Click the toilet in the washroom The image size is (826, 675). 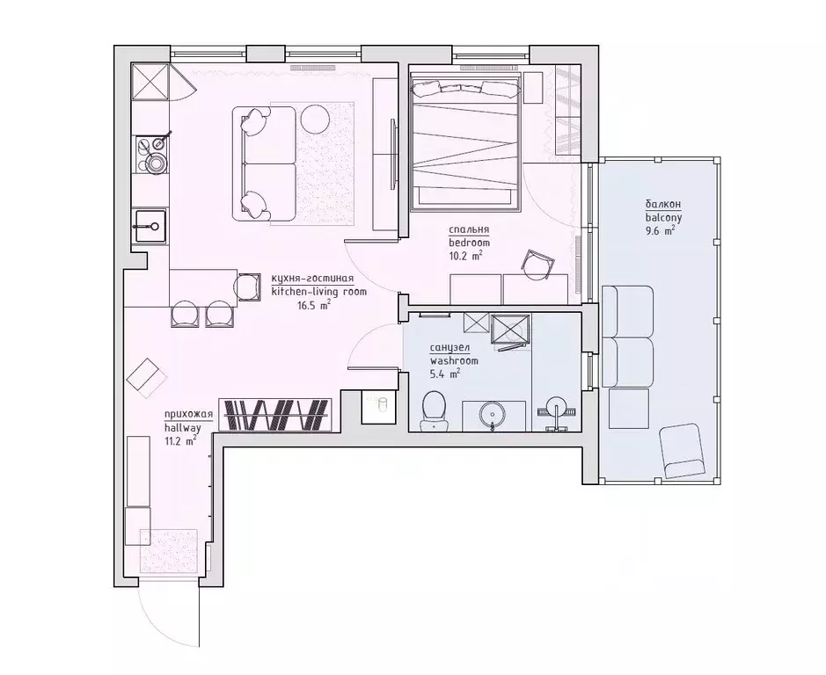coord(433,409)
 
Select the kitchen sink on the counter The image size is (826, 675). coord(150,225)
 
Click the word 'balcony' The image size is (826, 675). coord(662,216)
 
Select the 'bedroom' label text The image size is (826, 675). coord(468,243)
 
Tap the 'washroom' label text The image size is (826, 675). coord(454,360)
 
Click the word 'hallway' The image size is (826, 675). coord(182,427)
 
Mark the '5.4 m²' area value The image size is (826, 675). coord(444,374)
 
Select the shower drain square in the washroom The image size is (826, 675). coord(510,330)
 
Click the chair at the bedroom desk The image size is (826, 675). coord(538,262)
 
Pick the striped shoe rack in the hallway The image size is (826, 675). coord(274,415)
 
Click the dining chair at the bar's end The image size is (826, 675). coord(248,285)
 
